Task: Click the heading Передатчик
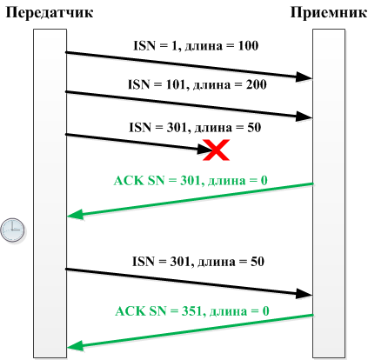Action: tap(50, 13)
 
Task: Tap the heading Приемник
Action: tap(329, 13)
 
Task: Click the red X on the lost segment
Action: tap(216, 150)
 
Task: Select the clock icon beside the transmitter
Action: tap(12, 230)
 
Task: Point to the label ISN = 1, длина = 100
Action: tap(196, 46)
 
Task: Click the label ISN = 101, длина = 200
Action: tap(197, 84)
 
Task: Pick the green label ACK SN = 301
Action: tap(191, 181)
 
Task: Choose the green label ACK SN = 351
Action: tap(192, 311)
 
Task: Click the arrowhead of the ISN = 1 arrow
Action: tap(304, 77)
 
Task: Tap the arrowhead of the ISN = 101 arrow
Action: tap(304, 117)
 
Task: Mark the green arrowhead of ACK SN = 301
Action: tap(76, 215)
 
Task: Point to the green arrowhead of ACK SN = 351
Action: tap(76, 346)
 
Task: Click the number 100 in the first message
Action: tap(248, 46)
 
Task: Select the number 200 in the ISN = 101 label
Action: tap(257, 84)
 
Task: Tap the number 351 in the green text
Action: tap(191, 311)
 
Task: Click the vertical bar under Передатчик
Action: tap(50, 193)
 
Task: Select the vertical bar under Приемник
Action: tap(329, 193)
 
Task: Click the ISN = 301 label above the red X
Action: tap(195, 128)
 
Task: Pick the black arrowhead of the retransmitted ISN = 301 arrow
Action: tap(304, 294)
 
